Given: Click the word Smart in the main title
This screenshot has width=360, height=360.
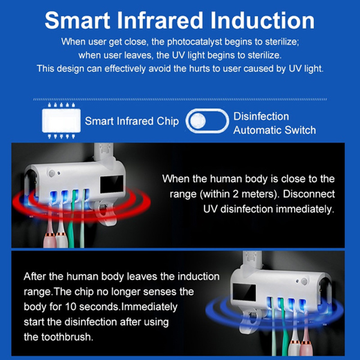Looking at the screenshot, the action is (x=77, y=20).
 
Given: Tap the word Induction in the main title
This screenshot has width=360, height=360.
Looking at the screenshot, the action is (x=262, y=20).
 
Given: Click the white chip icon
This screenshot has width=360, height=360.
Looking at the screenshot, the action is (x=61, y=121).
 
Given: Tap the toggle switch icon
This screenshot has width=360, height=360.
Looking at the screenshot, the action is (x=207, y=121).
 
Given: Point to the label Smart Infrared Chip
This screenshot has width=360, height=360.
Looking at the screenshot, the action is (x=132, y=121).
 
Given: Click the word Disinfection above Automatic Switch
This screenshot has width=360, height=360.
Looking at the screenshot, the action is (x=261, y=117).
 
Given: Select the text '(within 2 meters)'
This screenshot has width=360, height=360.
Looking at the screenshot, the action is (x=239, y=194).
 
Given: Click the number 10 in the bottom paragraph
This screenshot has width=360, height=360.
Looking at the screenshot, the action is (x=71, y=307).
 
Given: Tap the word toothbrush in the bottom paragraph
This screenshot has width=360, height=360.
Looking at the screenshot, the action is (x=67, y=337).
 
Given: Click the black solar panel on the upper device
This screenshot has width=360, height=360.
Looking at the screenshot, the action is (x=112, y=184).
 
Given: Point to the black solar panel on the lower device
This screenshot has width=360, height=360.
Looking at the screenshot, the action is (x=244, y=292).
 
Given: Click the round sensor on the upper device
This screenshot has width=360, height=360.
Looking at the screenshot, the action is (x=52, y=173).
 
